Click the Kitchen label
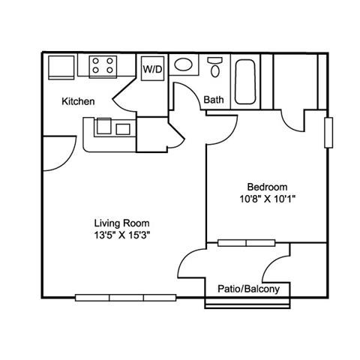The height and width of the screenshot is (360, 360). (x=78, y=101)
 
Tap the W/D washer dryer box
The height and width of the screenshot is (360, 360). (x=153, y=68)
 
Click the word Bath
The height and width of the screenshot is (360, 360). (x=214, y=99)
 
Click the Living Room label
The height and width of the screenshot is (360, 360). (x=121, y=223)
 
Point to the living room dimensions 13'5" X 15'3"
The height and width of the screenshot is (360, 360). (x=121, y=235)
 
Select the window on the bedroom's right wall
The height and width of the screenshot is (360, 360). (x=328, y=132)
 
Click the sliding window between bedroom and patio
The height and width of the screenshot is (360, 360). (x=247, y=243)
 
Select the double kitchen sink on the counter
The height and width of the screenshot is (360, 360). (x=113, y=127)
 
